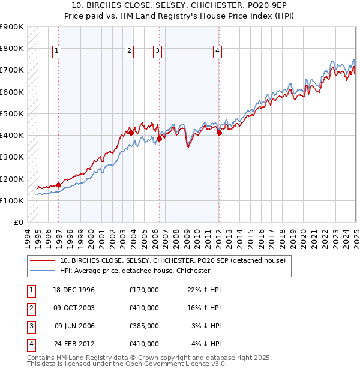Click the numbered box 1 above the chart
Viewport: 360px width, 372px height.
(x=56, y=52)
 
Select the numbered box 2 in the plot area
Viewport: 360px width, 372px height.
(x=129, y=52)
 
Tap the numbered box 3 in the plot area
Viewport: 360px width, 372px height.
(x=157, y=52)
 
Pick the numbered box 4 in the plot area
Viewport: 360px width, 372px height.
(x=217, y=52)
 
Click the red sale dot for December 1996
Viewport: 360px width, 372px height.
(x=58, y=185)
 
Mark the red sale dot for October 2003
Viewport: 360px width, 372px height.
(x=131, y=133)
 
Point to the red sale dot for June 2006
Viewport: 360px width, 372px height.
(x=159, y=139)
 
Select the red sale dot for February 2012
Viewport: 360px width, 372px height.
(x=219, y=133)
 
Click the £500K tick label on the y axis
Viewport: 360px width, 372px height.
(x=12, y=113)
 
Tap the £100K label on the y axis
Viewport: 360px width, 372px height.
(x=12, y=200)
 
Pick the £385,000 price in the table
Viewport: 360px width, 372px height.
(x=144, y=326)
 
